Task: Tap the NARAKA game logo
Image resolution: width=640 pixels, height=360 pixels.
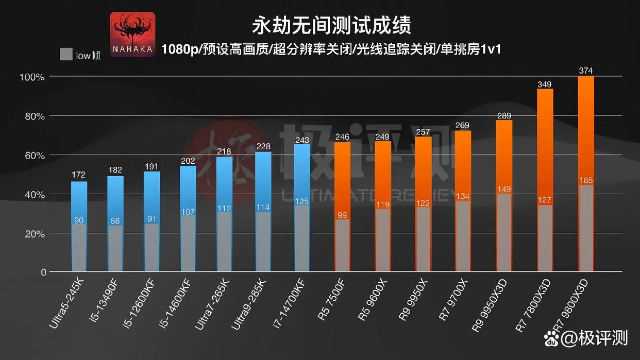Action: (x=132, y=35)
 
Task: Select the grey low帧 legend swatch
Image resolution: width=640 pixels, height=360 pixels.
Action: (x=65, y=54)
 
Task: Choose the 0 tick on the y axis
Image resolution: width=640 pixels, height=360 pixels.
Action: (x=43, y=272)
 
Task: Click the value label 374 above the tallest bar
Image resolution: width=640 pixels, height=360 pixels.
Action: (x=585, y=71)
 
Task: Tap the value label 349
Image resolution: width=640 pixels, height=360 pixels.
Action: (x=545, y=83)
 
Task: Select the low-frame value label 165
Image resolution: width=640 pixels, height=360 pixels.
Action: (x=586, y=181)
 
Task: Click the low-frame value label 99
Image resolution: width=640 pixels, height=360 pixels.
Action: (x=343, y=215)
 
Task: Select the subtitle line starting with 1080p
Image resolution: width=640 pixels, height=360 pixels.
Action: (x=331, y=49)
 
